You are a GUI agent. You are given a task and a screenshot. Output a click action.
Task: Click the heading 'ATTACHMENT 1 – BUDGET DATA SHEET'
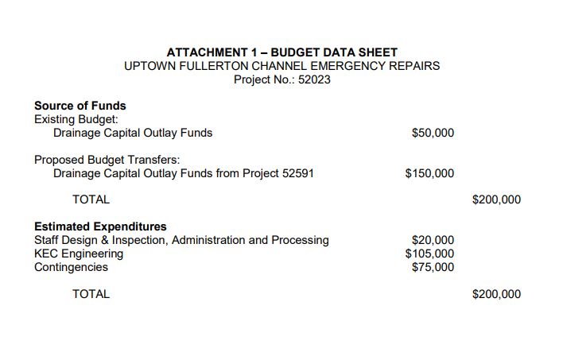pyautogui.click(x=281, y=52)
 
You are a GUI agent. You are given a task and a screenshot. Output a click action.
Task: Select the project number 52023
pyautogui.click(x=314, y=79)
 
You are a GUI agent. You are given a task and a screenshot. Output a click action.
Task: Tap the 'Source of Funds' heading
pyautogui.click(x=80, y=106)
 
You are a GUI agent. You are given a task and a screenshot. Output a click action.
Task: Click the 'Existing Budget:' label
pyautogui.click(x=76, y=119)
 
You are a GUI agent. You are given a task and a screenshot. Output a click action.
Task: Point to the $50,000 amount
pyautogui.click(x=433, y=133)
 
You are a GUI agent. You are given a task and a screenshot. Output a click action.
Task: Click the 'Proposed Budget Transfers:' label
pyautogui.click(x=107, y=160)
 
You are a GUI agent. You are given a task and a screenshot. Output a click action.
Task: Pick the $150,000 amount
pyautogui.click(x=429, y=173)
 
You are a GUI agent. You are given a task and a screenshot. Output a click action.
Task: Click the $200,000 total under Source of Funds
pyautogui.click(x=496, y=199)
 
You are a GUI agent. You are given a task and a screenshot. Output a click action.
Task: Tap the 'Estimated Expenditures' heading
pyautogui.click(x=100, y=226)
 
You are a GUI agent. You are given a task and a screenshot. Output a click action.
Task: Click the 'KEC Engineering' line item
pyautogui.click(x=79, y=254)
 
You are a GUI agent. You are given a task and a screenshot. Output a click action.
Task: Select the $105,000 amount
pyautogui.click(x=429, y=254)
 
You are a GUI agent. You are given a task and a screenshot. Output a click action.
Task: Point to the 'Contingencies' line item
pyautogui.click(x=71, y=267)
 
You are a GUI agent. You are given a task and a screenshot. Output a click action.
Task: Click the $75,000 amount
pyautogui.click(x=433, y=267)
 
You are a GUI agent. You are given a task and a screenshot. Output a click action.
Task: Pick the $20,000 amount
pyautogui.click(x=433, y=240)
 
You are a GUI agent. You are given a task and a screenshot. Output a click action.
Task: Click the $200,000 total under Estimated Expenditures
pyautogui.click(x=496, y=294)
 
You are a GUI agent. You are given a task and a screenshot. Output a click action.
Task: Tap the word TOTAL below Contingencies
pyautogui.click(x=91, y=294)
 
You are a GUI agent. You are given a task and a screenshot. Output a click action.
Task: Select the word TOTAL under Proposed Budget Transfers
pyautogui.click(x=91, y=199)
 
